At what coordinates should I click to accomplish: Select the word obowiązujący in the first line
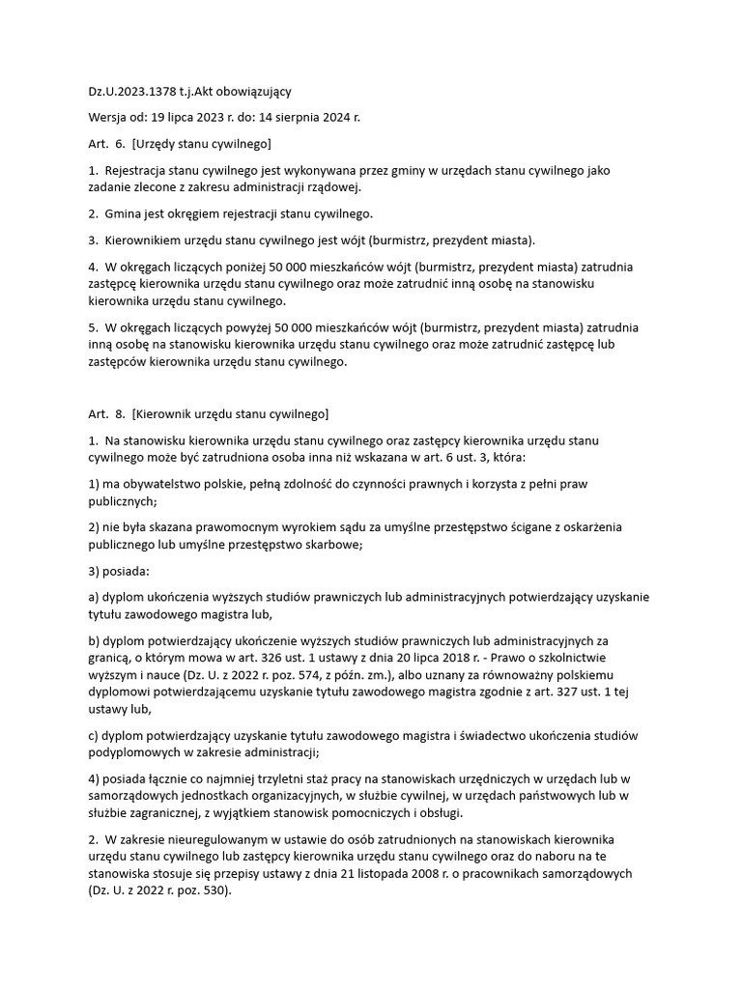click(251, 92)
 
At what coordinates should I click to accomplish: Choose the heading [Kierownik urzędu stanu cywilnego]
click(232, 415)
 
